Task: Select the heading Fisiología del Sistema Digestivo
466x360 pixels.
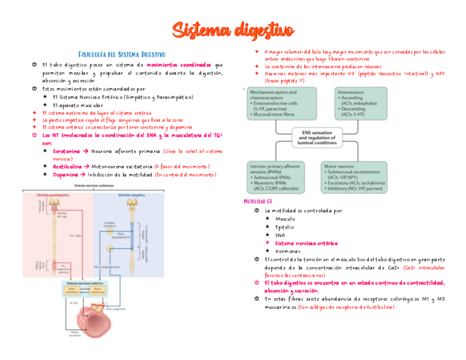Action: (x=122, y=54)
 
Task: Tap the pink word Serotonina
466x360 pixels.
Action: (x=66, y=151)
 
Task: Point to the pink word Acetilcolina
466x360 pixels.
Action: (x=67, y=166)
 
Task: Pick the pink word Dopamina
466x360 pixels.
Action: (x=65, y=175)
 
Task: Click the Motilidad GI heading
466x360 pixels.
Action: (x=257, y=202)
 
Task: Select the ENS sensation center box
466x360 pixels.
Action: (x=318, y=136)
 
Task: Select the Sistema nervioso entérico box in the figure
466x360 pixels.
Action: (x=85, y=288)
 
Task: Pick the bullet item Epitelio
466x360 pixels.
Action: (x=285, y=227)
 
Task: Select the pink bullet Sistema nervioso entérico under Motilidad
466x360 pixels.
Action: (x=306, y=243)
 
